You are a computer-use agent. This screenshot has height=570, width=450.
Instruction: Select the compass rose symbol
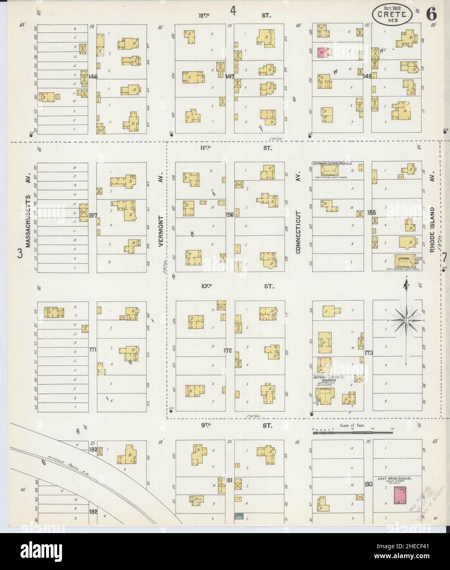click(x=406, y=320)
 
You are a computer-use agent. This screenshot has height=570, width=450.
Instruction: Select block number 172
click(x=228, y=351)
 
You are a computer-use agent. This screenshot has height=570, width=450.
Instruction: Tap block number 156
click(x=230, y=214)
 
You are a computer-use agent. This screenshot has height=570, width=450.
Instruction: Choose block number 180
click(x=368, y=484)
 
